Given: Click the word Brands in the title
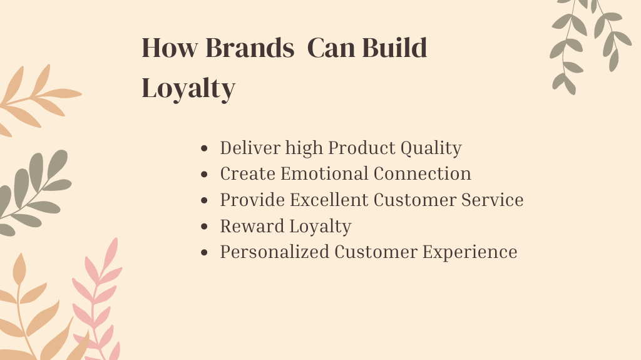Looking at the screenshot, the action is pyautogui.click(x=250, y=48).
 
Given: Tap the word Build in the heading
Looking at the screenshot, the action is pyautogui.click(x=394, y=48).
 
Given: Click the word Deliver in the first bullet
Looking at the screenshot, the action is pyautogui.click(x=250, y=148).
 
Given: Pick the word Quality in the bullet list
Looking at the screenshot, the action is pyautogui.click(x=431, y=148).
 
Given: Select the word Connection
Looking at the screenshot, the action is pyautogui.click(x=423, y=173).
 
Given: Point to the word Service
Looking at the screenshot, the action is pyautogui.click(x=493, y=200).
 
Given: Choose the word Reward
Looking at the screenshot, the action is pyautogui.click(x=252, y=226).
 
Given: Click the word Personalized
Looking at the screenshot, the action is pyautogui.click(x=275, y=252).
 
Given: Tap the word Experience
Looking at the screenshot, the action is pyautogui.click(x=469, y=252).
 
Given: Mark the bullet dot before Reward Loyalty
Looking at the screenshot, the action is pyautogui.click(x=205, y=227).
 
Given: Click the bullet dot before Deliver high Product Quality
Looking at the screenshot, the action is pyautogui.click(x=205, y=148).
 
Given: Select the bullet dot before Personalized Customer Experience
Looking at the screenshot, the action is pyautogui.click(x=205, y=252).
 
